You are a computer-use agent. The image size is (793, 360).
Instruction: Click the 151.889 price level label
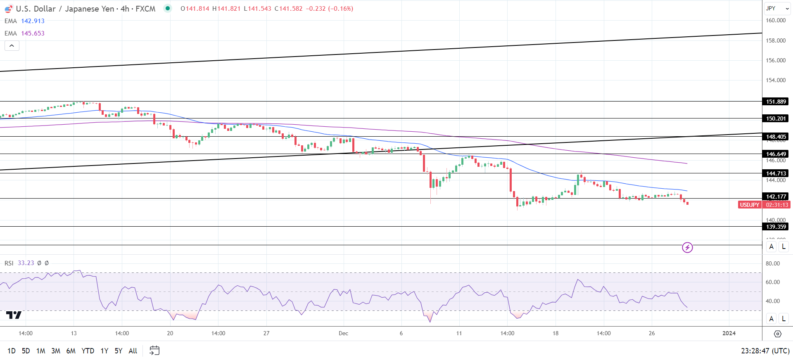[x=776, y=102]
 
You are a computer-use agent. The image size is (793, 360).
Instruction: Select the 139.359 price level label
[x=776, y=227]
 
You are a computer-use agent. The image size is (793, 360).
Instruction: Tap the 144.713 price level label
[x=776, y=173]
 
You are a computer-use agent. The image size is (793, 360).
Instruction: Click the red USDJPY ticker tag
[x=749, y=205]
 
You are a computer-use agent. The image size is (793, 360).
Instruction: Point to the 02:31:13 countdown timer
[x=776, y=205]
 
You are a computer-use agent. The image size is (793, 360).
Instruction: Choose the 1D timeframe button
[x=12, y=351]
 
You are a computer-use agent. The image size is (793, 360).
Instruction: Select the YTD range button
[x=88, y=351]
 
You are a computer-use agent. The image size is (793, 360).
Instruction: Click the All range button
[x=133, y=351]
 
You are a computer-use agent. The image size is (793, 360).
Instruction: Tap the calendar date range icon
[x=154, y=351]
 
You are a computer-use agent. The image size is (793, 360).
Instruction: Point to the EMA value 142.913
[x=33, y=21]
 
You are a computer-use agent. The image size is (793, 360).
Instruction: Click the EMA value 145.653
[x=33, y=33]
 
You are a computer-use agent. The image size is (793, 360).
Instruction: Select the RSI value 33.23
[x=26, y=263]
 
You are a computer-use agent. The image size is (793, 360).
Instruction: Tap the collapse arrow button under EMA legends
[x=12, y=46]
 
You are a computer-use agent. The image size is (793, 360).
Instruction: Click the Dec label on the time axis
[x=343, y=333]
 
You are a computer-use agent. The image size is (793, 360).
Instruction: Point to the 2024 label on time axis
[x=729, y=333]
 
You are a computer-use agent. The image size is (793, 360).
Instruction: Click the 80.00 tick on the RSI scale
[x=773, y=263]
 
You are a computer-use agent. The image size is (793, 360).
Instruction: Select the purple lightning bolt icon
[x=687, y=248]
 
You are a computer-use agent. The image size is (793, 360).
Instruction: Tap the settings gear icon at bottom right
[x=777, y=334]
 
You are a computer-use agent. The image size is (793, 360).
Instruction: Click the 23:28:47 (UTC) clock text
[x=765, y=351]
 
